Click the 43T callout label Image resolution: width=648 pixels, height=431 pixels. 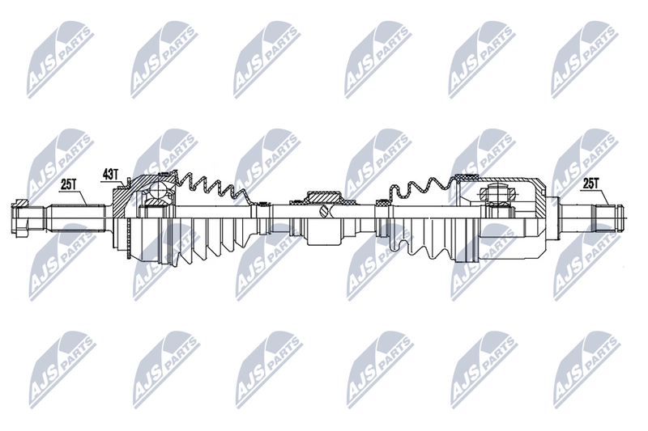pyautogui.click(x=110, y=175)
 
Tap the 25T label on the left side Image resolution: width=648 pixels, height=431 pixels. pyautogui.click(x=69, y=184)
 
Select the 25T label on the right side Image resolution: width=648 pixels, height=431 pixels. pyautogui.click(x=590, y=184)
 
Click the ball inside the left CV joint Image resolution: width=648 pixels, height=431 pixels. pyautogui.click(x=157, y=190)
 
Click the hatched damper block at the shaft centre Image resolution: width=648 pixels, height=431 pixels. pyautogui.click(x=323, y=196)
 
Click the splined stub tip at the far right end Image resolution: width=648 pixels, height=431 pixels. pyautogui.click(x=619, y=218)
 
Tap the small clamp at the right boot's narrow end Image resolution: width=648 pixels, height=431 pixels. pyautogui.click(x=382, y=202)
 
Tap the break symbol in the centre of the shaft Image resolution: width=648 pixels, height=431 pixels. pyautogui.click(x=323, y=212)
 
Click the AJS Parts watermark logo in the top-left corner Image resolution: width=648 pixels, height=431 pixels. pyautogui.click(x=60, y=61)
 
